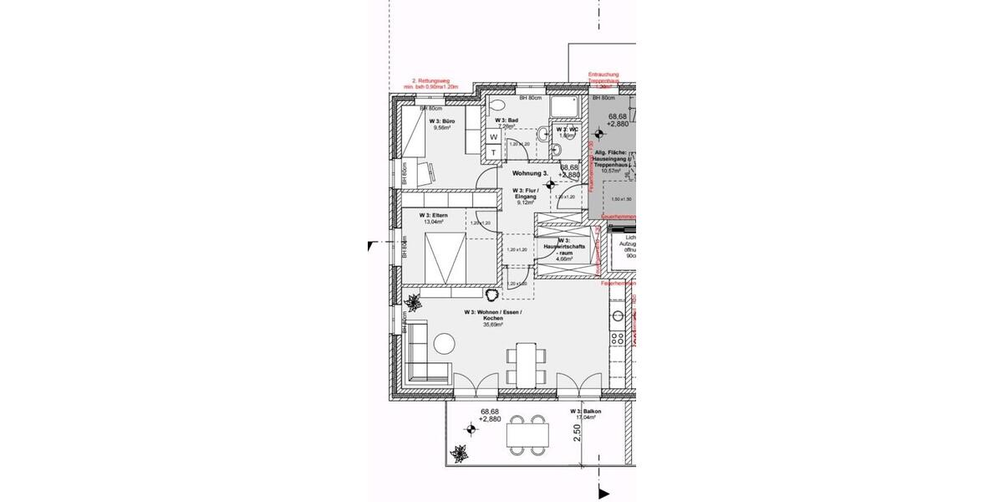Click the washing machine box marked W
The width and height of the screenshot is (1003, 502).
[x=493, y=136]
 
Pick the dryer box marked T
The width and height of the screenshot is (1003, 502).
[x=493, y=151]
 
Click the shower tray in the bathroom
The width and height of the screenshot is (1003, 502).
[x=567, y=106]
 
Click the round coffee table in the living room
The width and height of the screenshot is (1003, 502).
[x=444, y=342]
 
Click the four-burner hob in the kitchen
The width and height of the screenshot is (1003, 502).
[x=618, y=339]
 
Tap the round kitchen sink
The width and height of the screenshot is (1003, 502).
[x=619, y=316]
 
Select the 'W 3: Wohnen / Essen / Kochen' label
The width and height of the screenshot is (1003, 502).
[x=492, y=318]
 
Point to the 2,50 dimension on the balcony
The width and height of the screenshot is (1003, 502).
[x=577, y=433]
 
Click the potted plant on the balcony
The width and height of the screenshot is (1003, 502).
[x=458, y=455]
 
